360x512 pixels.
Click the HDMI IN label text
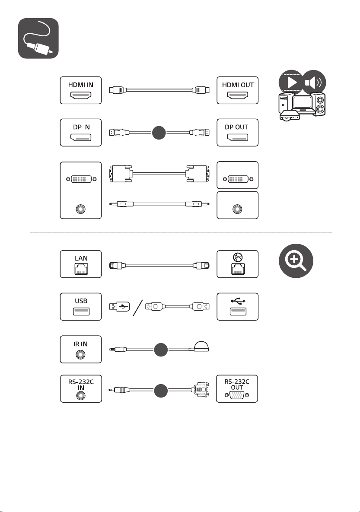81,85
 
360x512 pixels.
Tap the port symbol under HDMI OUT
238,95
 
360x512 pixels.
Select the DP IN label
81,127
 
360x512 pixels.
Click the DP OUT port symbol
238,138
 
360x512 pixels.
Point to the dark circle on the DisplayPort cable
159,133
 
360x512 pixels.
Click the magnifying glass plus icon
296,261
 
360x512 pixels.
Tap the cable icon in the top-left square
38,38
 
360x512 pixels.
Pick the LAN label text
81,258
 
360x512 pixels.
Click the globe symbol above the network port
238,258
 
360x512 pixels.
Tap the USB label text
81,301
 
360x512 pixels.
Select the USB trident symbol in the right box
238,301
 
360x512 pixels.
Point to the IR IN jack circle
81,354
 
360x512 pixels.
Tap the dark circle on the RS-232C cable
160,391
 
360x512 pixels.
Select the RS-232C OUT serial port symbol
237,395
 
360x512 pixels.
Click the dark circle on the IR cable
161,350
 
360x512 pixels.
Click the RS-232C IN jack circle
81,395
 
